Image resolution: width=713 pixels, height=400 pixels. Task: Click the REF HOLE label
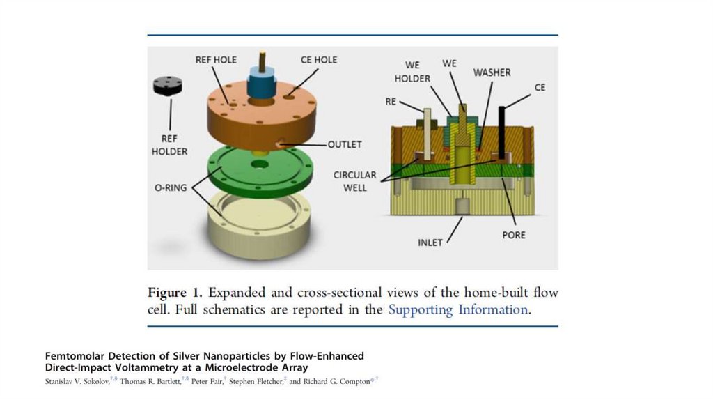[x=216, y=60]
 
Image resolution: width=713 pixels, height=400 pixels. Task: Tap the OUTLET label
[x=345, y=144]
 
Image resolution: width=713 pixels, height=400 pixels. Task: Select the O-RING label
[x=171, y=187]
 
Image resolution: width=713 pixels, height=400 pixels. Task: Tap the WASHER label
[x=492, y=72]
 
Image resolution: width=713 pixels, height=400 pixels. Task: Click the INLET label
[x=430, y=243]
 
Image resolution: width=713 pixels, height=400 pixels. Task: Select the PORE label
[x=514, y=235]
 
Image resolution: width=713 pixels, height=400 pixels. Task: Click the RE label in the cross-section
[x=391, y=101]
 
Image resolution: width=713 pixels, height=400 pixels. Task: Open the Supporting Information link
[x=457, y=309]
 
